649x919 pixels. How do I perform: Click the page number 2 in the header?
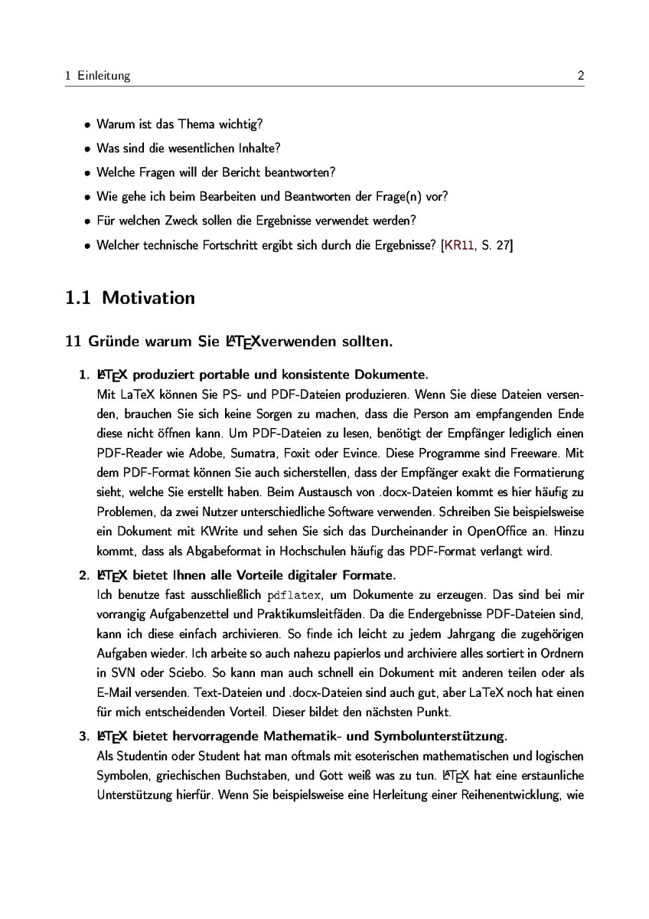click(581, 76)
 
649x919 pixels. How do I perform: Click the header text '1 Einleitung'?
click(98, 76)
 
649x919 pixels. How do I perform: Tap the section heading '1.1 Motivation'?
click(130, 297)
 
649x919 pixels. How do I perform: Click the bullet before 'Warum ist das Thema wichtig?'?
click(87, 124)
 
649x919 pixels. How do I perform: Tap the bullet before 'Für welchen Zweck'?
click(87, 221)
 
